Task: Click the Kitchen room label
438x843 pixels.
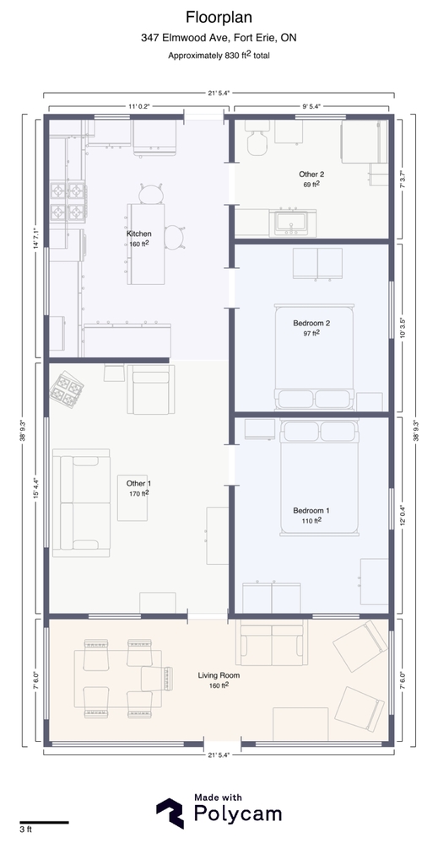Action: point(138,234)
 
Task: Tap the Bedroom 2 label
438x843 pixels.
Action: point(311,323)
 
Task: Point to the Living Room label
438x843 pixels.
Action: point(219,675)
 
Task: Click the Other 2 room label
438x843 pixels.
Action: point(311,175)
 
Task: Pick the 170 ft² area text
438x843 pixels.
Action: point(138,493)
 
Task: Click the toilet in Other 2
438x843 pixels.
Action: point(257,137)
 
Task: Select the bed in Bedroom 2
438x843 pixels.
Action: point(314,357)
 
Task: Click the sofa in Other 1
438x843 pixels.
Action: point(81,502)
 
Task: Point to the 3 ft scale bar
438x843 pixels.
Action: point(44,822)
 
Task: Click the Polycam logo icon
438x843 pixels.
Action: point(170,813)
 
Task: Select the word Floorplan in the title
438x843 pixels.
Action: point(219,18)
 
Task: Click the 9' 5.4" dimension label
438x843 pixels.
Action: point(311,106)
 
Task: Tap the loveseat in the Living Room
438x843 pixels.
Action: point(272,643)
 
